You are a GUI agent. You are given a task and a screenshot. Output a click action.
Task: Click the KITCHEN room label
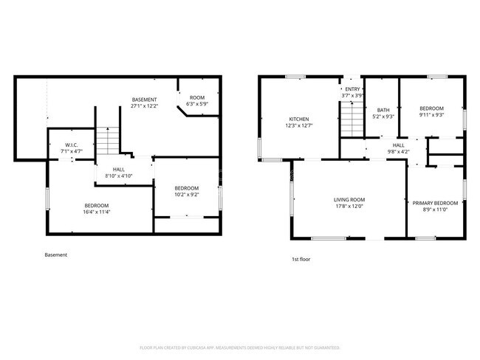[299, 119]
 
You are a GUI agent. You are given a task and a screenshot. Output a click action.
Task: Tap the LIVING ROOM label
[349, 199]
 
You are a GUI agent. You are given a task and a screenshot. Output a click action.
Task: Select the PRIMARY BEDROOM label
[435, 203]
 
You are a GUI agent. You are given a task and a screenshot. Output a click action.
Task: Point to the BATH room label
[383, 110]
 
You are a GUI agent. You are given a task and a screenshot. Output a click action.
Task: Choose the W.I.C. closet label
[72, 145]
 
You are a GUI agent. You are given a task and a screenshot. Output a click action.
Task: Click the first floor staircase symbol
[352, 119]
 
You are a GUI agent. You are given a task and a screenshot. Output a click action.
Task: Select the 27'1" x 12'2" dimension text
[145, 105]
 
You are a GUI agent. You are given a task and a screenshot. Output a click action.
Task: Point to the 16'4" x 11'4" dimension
[97, 212]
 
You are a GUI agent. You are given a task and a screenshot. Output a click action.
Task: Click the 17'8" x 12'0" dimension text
[349, 206]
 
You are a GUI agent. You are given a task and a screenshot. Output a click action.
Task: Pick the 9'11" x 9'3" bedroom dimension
[432, 114]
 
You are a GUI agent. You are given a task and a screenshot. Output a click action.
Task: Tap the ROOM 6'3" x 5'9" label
[197, 100]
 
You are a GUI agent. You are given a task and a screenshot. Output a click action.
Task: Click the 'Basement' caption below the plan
[56, 255]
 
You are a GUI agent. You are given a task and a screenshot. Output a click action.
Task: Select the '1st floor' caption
[301, 259]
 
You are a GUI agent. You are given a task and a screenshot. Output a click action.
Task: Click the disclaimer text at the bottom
[239, 347]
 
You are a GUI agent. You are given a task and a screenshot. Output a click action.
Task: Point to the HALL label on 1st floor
[398, 145]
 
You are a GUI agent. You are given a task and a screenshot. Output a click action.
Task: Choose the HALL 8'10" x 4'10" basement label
[108, 173]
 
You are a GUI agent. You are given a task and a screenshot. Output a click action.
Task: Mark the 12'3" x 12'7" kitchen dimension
[299, 125]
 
